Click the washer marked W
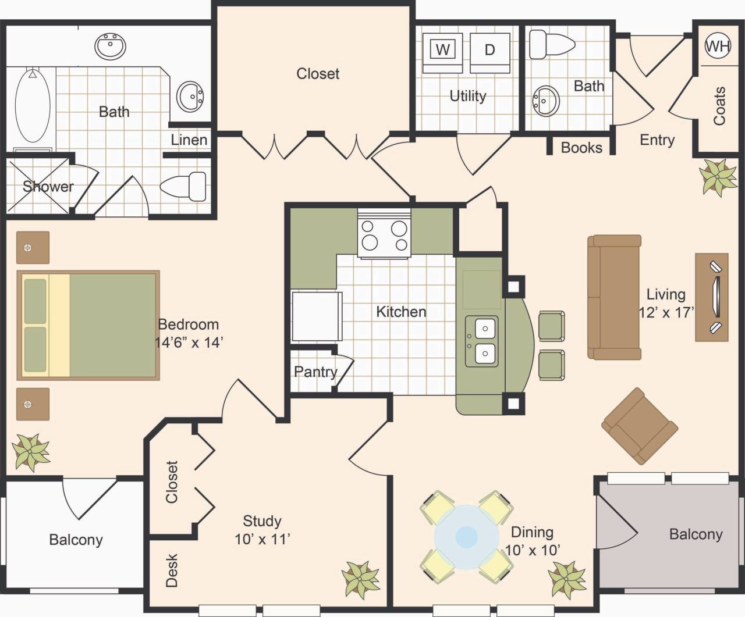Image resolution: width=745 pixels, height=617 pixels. coord(443,50)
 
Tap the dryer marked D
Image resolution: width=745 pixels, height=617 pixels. coord(489,50)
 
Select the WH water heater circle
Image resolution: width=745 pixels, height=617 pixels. coord(718,46)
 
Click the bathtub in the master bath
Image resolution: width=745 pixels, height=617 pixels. coord(33,106)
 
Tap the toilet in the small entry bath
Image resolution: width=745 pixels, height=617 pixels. coord(551,43)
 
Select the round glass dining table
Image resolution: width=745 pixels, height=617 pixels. coord(466,536)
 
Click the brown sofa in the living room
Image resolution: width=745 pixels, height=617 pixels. coord(615,297)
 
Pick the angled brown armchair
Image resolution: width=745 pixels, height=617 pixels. coord(639,426)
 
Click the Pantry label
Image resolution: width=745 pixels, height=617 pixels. coord(315,372)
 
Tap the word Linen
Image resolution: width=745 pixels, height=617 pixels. coord(189,140)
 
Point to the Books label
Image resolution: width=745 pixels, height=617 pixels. coord(581,148)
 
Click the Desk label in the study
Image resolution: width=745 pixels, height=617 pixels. coord(172,570)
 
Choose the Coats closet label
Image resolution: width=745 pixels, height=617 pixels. coord(720,106)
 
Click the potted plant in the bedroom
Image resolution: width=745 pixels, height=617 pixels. coord(31,451)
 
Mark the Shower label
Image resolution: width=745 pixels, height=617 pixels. coord(48,187)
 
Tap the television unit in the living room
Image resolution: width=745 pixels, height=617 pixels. coord(712,297)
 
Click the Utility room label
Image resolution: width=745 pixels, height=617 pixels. coord(467,96)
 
